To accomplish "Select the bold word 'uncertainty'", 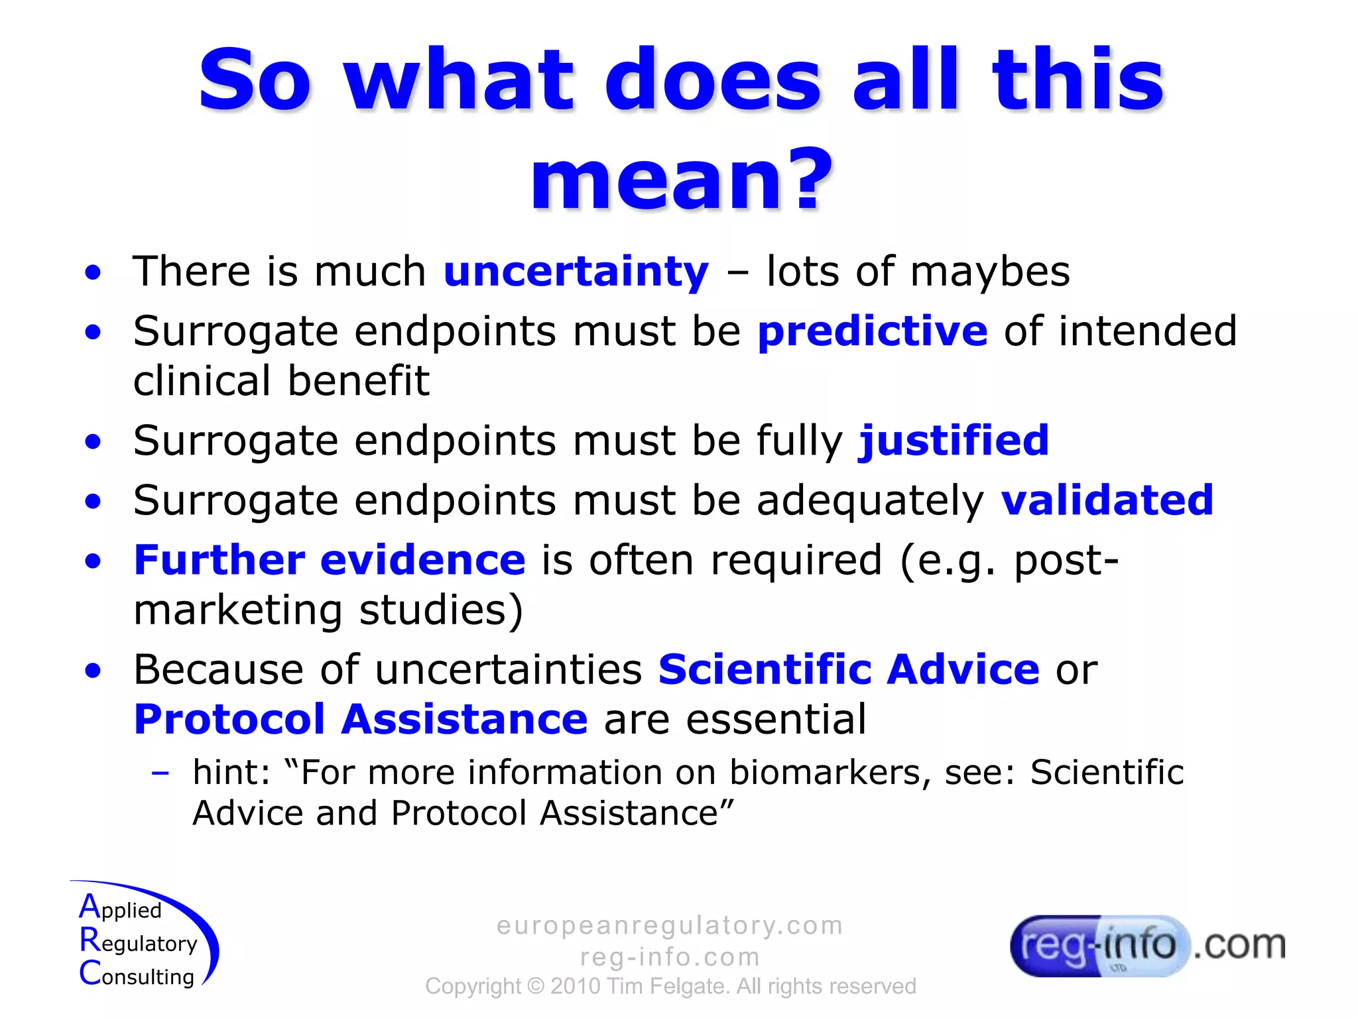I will pyautogui.click(x=576, y=272).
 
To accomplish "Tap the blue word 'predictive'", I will pyautogui.click(x=872, y=331).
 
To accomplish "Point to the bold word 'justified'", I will pyautogui.click(x=954, y=441).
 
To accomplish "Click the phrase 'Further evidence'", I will pyautogui.click(x=330, y=560).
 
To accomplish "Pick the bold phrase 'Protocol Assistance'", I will pyautogui.click(x=360, y=720).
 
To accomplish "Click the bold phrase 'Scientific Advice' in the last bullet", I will pyautogui.click(x=848, y=669).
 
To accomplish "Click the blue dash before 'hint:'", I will pyautogui.click(x=160, y=773).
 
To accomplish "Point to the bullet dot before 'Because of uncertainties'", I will pyautogui.click(x=93, y=671).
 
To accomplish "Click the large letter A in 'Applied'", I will pyautogui.click(x=90, y=907).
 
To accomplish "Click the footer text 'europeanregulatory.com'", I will pyautogui.click(x=670, y=925).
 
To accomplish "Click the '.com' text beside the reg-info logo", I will pyautogui.click(x=1239, y=945).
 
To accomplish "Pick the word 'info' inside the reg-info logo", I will pyautogui.click(x=1139, y=944).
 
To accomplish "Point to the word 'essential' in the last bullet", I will pyautogui.click(x=776, y=720).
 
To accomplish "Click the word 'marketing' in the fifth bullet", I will pyautogui.click(x=237, y=610).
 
